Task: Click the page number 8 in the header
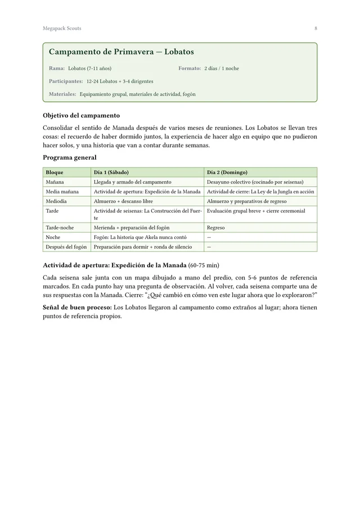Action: coord(316,28)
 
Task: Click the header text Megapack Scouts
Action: coord(62,28)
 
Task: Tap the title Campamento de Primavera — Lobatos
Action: coord(121,52)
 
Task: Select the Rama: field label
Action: coord(57,69)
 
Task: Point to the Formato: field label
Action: coord(190,69)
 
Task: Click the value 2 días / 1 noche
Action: coord(222,69)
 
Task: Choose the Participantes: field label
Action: coord(66,82)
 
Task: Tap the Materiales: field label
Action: coord(62,94)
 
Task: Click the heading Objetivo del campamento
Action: coord(81,115)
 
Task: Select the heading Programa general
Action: coord(69,157)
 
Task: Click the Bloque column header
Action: coord(55,172)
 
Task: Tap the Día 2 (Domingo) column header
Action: coord(227,172)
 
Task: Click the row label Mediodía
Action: coord(56,201)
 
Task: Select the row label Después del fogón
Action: coord(66,247)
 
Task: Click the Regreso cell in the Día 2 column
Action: coord(216,228)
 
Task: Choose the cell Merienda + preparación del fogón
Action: coord(132,228)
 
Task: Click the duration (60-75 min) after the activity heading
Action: coord(204,265)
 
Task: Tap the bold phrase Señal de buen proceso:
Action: coord(77,308)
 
